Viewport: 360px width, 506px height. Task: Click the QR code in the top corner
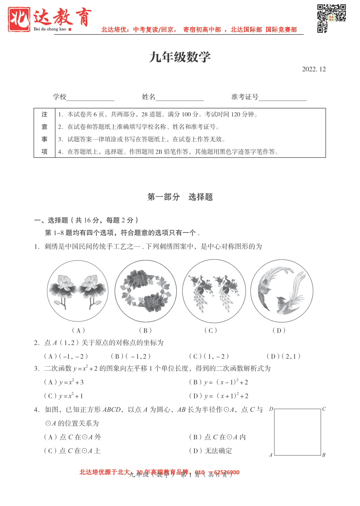[x=331, y=18]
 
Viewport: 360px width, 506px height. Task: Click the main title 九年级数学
[x=180, y=57]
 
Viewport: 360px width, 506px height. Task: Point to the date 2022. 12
[x=314, y=69]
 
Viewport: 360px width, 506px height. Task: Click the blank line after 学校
[x=91, y=98]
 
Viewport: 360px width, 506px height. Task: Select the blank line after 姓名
[x=180, y=98]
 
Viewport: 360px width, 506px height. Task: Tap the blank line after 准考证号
[x=283, y=98]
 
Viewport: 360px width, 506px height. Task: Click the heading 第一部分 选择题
[x=180, y=197]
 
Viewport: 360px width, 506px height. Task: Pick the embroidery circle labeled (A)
[x=78, y=291]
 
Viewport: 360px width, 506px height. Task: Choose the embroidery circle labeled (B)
[x=145, y=291]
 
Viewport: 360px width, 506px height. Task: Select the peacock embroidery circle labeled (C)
[x=214, y=291]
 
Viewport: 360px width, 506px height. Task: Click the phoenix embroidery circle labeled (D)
[x=282, y=291]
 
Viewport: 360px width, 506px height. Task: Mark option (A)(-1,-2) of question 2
[x=66, y=356]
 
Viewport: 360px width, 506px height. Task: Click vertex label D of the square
[x=271, y=409]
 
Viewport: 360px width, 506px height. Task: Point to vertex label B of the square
[x=324, y=455]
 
